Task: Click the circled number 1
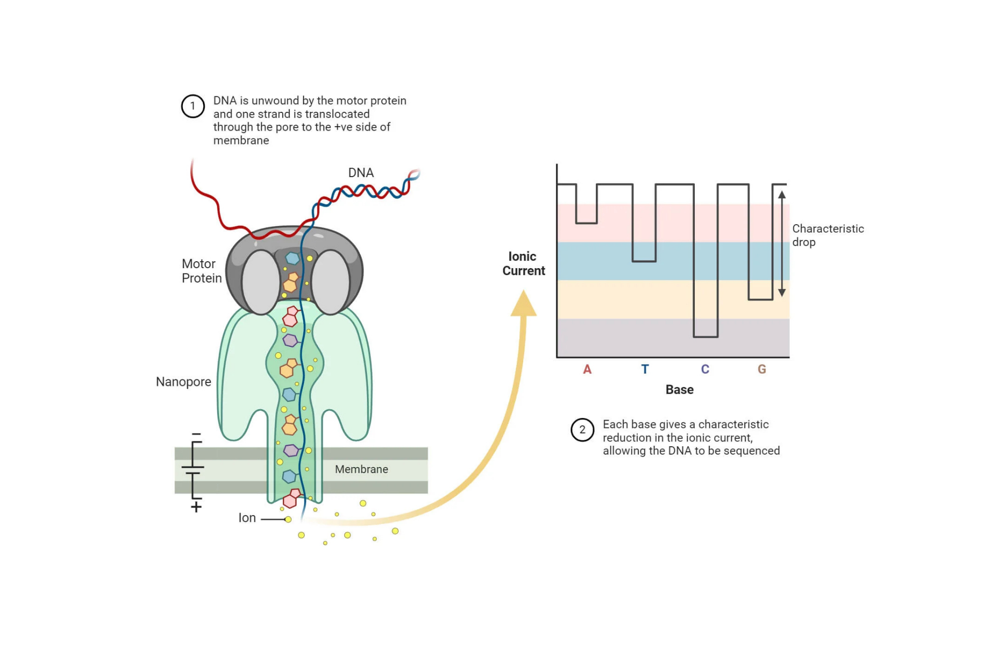point(193,106)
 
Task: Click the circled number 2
point(582,429)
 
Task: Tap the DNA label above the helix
point(360,173)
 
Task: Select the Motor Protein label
point(201,271)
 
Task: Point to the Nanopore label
point(183,381)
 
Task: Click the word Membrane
point(361,469)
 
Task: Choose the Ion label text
point(247,518)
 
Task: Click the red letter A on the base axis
point(587,369)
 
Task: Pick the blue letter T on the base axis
point(645,369)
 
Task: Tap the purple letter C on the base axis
point(705,369)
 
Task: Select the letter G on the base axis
point(762,369)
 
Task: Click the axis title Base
point(679,390)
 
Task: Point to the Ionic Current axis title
point(523,264)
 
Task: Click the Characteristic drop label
point(827,235)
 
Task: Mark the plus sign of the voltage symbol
point(196,507)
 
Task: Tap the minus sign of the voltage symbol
point(196,434)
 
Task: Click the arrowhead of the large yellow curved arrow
point(523,303)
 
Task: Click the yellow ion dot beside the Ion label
point(288,519)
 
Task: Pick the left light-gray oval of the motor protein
point(261,282)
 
